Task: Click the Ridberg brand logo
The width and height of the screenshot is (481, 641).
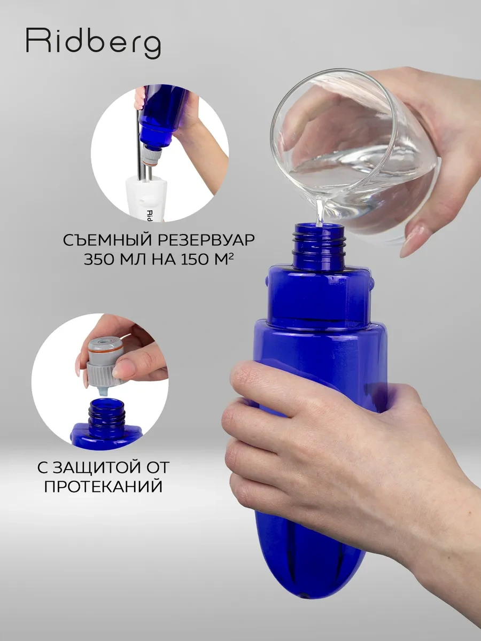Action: coord(93,42)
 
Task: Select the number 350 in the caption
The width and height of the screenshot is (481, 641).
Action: coord(100,260)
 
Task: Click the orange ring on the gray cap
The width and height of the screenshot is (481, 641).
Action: coord(106,353)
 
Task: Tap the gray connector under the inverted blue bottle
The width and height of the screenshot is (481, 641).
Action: coord(151,157)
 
